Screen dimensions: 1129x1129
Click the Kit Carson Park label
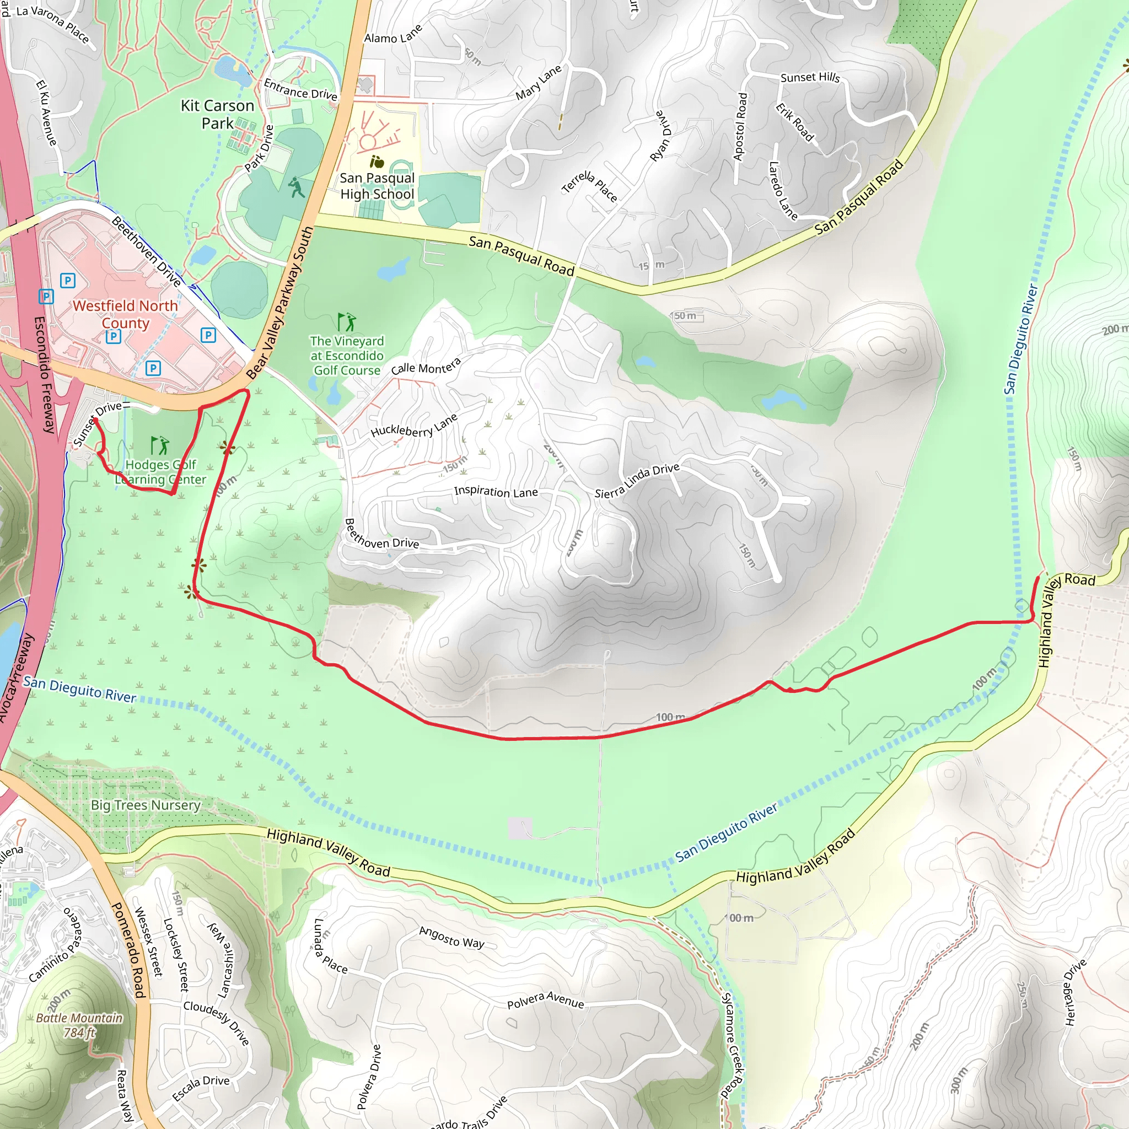[x=217, y=115]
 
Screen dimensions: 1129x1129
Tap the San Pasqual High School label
[x=377, y=186]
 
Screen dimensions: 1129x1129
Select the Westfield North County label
[x=125, y=314]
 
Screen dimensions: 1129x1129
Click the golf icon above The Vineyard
[x=346, y=322]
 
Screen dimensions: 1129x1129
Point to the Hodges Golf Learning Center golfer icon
[x=159, y=445]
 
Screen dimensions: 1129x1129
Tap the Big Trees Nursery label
[x=146, y=805]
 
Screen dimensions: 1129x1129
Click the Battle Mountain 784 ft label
[x=79, y=1025]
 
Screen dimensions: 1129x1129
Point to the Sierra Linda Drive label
[x=637, y=480]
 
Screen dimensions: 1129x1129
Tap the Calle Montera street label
[x=426, y=367]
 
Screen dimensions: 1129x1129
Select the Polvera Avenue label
[x=545, y=1000]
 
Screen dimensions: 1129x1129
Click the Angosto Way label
[x=451, y=937]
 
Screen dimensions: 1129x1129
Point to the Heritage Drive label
[x=1074, y=992]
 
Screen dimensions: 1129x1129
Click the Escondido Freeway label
[x=45, y=374]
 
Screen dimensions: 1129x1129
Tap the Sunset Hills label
[x=810, y=77]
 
